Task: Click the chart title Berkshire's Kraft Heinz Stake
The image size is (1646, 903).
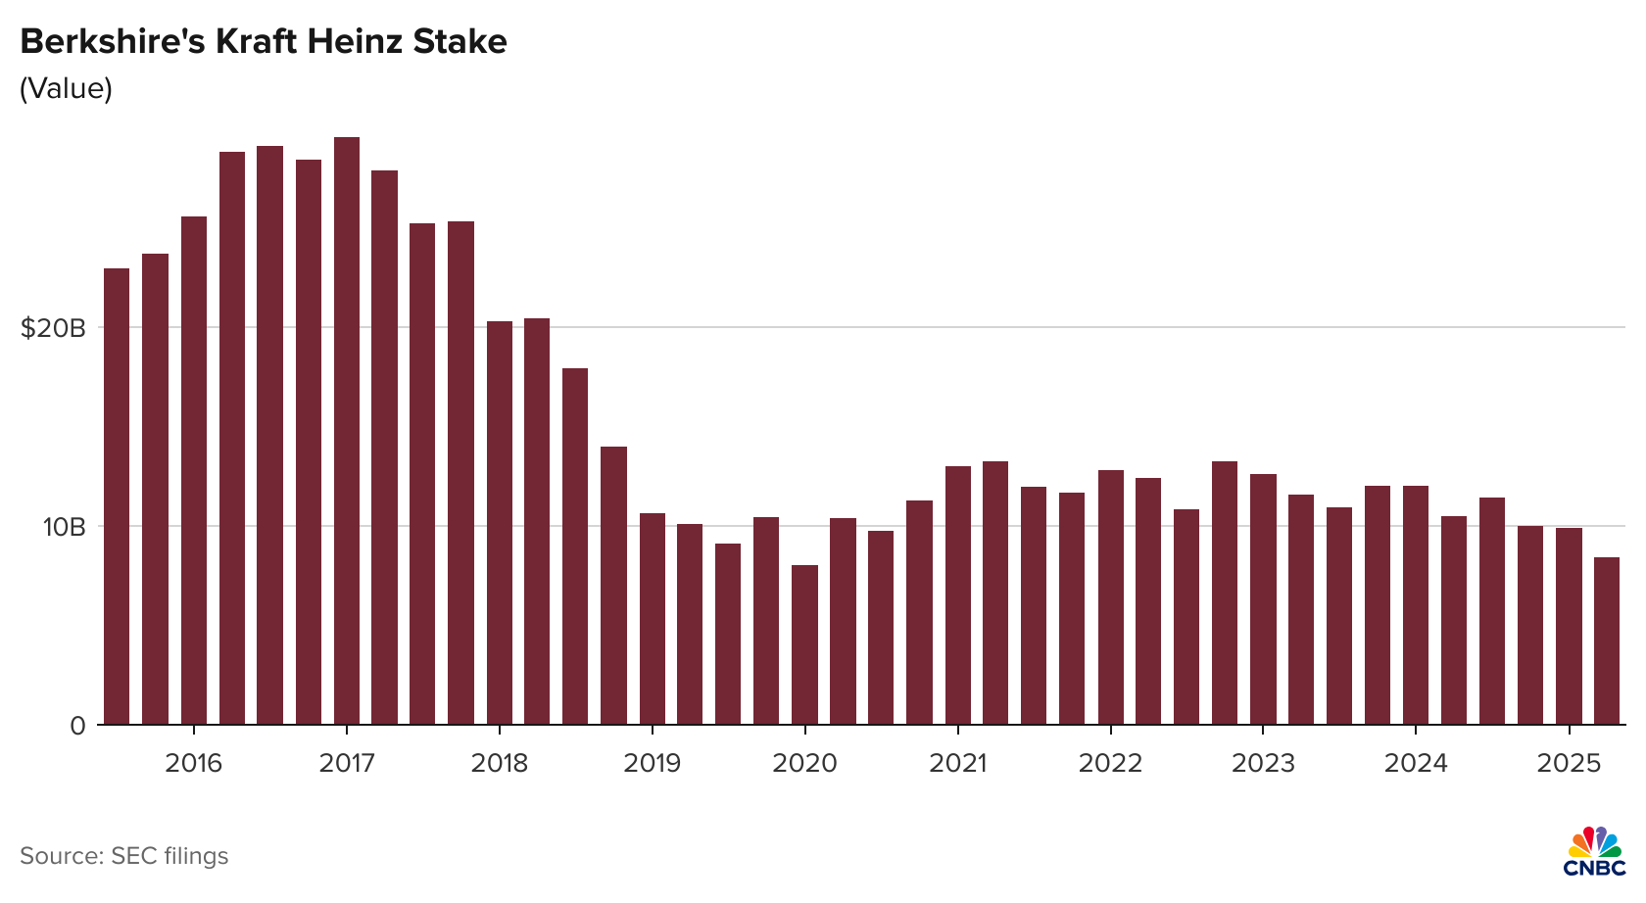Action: click(x=264, y=42)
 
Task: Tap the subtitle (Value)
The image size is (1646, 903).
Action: click(x=66, y=88)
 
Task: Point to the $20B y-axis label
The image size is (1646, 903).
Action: click(x=53, y=327)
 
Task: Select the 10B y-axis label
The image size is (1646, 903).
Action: click(x=64, y=527)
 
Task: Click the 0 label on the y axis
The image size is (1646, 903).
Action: click(x=77, y=726)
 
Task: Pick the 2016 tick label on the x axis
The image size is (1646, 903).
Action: click(x=193, y=763)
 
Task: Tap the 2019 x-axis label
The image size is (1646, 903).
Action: click(x=652, y=763)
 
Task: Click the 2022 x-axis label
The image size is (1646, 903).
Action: click(x=1110, y=763)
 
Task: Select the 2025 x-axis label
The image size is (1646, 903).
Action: click(x=1569, y=763)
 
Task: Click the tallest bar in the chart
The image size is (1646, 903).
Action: click(x=347, y=431)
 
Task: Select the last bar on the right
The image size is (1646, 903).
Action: click(x=1607, y=642)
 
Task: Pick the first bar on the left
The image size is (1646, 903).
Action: click(x=117, y=497)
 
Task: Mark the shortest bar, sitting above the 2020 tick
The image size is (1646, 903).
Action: click(x=804, y=645)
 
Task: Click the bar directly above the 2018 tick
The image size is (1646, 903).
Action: click(x=500, y=523)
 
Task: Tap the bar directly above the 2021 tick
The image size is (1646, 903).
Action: click(x=957, y=595)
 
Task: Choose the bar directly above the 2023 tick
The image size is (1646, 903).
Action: click(x=1263, y=599)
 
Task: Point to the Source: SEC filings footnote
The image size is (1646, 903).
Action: click(x=123, y=856)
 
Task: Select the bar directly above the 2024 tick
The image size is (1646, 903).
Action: click(x=1416, y=605)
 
